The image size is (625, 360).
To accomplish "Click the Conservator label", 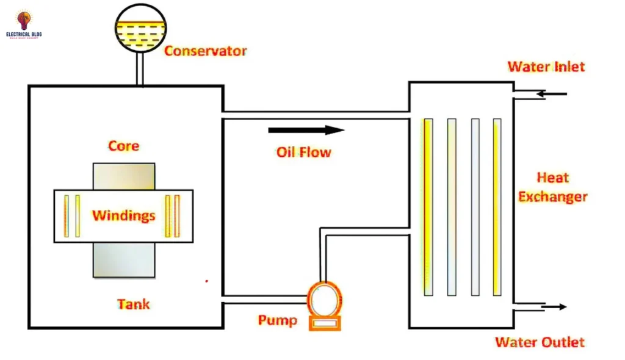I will point(205,51).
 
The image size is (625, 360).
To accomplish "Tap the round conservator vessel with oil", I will point(141,27).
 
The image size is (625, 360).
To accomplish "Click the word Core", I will point(124,146).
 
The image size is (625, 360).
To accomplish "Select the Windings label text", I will point(123,215).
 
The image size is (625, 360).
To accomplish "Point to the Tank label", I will point(133,303).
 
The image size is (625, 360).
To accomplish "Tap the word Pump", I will point(277,320).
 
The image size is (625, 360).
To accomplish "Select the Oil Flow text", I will point(303,151).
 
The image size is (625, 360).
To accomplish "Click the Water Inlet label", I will point(546,66).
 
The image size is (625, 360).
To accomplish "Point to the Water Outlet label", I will point(540,342).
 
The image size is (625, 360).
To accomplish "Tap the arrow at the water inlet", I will point(552,94).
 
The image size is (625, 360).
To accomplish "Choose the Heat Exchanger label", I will point(553,187).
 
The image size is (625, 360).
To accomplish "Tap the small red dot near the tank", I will point(207,281).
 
